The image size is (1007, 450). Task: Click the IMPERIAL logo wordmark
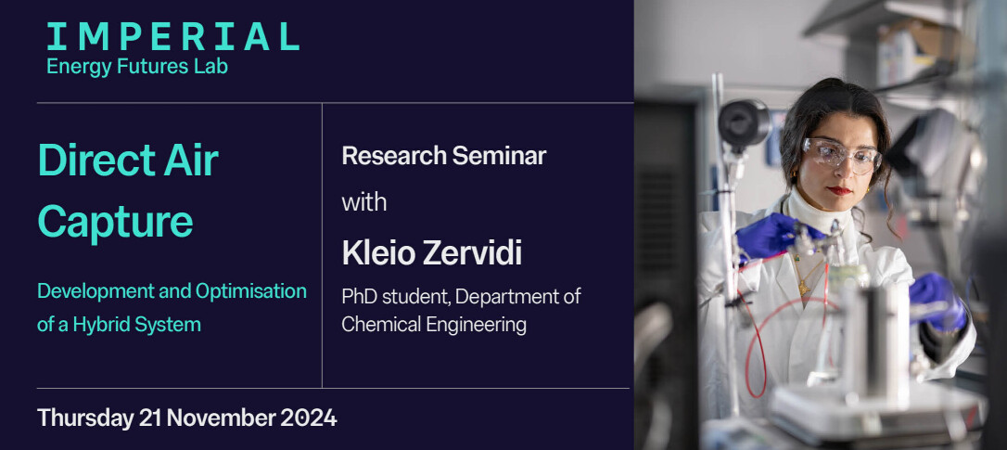pyautogui.click(x=172, y=36)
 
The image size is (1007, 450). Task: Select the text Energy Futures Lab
pyautogui.click(x=137, y=67)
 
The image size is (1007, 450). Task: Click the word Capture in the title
pyautogui.click(x=116, y=222)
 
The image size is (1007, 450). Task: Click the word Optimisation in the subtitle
pyautogui.click(x=251, y=291)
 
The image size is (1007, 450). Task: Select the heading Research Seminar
pyautogui.click(x=444, y=156)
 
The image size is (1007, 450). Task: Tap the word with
pyautogui.click(x=364, y=202)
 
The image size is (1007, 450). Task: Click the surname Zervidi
pyautogui.click(x=472, y=253)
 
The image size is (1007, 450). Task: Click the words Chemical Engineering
pyautogui.click(x=434, y=325)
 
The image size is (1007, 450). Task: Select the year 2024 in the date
pyautogui.click(x=308, y=418)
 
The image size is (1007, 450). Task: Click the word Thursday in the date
pyautogui.click(x=84, y=418)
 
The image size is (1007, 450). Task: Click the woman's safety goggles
pyautogui.click(x=841, y=155)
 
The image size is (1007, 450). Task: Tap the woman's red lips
pyautogui.click(x=839, y=190)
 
